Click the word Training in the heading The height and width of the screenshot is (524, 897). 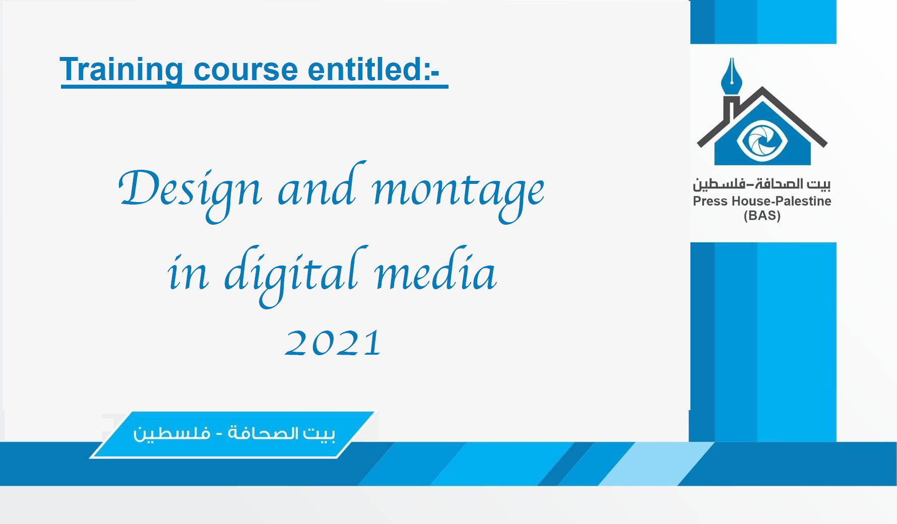point(121,70)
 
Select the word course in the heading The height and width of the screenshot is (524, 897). point(246,71)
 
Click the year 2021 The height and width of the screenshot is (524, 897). point(333,343)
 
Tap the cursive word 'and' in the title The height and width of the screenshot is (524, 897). point(322,184)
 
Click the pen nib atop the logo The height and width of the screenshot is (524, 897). point(731,76)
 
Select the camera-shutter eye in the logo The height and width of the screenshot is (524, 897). point(762,140)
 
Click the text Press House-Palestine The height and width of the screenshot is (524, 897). point(762,201)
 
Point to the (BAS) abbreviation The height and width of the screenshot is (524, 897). point(762,216)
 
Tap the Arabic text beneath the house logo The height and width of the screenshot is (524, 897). point(761,184)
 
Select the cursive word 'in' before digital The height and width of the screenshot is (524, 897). point(188,275)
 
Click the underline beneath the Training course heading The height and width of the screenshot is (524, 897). point(254,87)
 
